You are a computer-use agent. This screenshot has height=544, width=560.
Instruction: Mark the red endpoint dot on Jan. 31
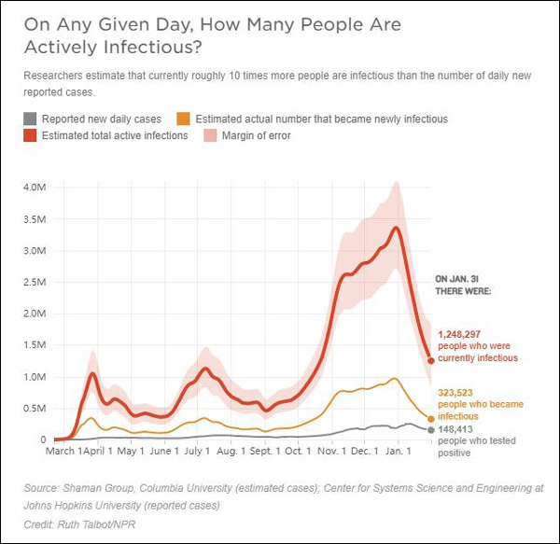click(x=431, y=359)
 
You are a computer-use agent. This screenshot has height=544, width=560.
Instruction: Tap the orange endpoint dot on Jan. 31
click(x=431, y=419)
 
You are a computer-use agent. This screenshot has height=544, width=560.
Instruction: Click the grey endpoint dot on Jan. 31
click(x=431, y=430)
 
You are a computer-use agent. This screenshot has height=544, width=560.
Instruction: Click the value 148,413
click(x=456, y=429)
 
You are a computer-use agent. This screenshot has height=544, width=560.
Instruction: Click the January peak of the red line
click(x=398, y=228)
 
